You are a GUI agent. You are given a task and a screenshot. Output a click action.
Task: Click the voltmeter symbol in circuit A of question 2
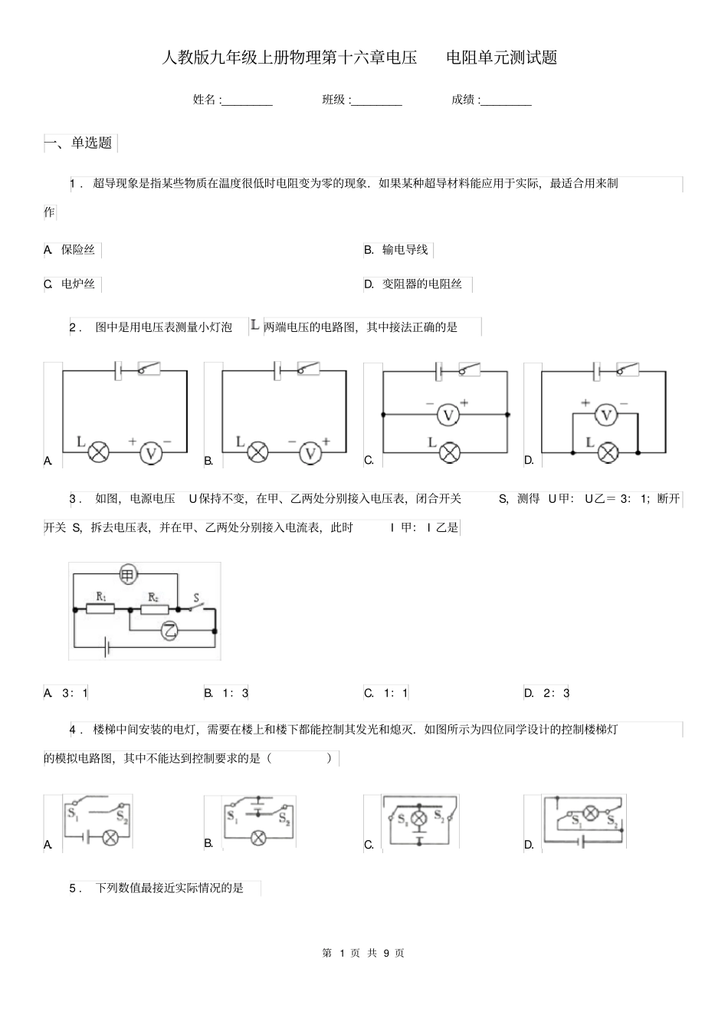pos(151,452)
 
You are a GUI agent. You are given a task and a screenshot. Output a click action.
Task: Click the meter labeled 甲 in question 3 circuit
pos(128,573)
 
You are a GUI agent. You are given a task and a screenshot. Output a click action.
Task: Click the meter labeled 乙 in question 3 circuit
pos(170,631)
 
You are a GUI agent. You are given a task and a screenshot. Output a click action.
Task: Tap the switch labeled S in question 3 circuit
pos(197,605)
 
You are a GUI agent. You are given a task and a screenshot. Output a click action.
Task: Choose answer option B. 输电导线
pos(398,250)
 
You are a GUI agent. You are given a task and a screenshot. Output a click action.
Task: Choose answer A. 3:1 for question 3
pos(67,693)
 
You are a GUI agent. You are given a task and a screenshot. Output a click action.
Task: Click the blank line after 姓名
pos(247,100)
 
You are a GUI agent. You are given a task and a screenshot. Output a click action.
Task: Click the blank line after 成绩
pos(506,100)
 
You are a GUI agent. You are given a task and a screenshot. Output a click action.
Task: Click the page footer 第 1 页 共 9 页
pos(364,953)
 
